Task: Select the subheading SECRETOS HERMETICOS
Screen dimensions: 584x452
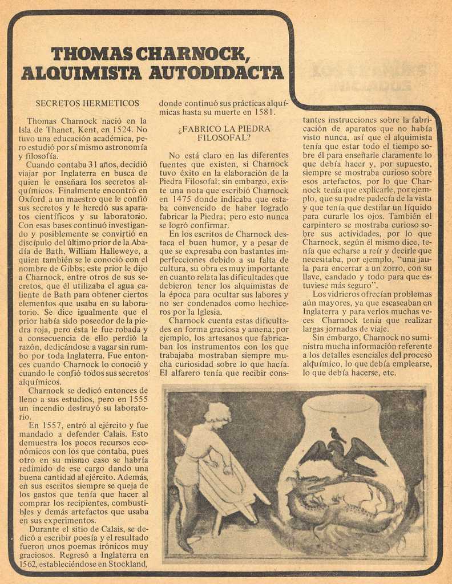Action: pyautogui.click(x=87, y=103)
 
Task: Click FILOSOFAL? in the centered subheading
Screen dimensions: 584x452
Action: pyautogui.click(x=224, y=137)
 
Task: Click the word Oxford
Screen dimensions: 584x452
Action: pyautogui.click(x=32, y=200)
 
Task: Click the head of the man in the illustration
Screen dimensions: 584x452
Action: pyautogui.click(x=218, y=416)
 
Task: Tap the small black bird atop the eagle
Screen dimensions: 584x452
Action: pyautogui.click(x=337, y=435)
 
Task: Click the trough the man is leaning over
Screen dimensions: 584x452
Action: pyautogui.click(x=228, y=485)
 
